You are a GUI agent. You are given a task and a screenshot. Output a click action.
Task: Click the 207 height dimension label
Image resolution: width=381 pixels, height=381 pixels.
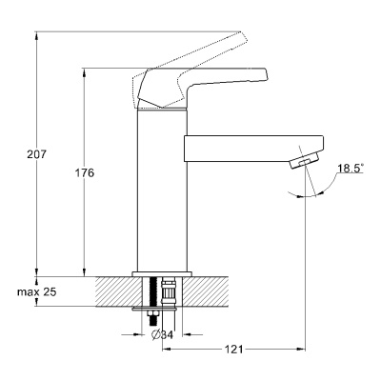[x=36, y=154]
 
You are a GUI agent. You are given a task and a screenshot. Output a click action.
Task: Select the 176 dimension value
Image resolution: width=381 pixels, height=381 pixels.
[x=85, y=173]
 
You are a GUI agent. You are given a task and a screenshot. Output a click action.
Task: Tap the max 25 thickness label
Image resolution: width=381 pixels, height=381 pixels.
[x=37, y=291]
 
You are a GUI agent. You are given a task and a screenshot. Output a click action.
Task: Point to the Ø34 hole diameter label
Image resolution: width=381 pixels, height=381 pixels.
[x=162, y=334]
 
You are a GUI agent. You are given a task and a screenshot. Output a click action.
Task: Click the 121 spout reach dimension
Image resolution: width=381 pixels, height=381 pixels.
[x=233, y=350]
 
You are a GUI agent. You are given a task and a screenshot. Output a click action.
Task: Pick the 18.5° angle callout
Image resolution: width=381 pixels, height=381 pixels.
[x=350, y=169]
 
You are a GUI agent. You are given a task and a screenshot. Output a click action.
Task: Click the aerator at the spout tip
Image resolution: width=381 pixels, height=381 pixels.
[x=304, y=160]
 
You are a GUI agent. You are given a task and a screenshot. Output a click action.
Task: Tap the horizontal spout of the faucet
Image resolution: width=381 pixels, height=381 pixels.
[x=254, y=149]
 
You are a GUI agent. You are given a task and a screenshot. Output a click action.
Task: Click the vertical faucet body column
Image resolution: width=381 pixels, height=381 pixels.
[x=162, y=190]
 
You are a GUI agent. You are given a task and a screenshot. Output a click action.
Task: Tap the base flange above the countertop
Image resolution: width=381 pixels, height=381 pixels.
[x=162, y=274]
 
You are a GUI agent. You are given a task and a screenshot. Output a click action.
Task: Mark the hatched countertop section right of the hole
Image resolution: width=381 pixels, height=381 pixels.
[x=206, y=291]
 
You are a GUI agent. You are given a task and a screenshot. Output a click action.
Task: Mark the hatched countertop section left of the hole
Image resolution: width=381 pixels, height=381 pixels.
[x=118, y=291]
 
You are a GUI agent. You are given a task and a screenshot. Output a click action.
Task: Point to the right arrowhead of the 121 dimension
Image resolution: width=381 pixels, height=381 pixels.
[x=301, y=350]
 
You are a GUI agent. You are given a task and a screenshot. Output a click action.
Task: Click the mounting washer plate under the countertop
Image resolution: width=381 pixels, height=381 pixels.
[x=155, y=308]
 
